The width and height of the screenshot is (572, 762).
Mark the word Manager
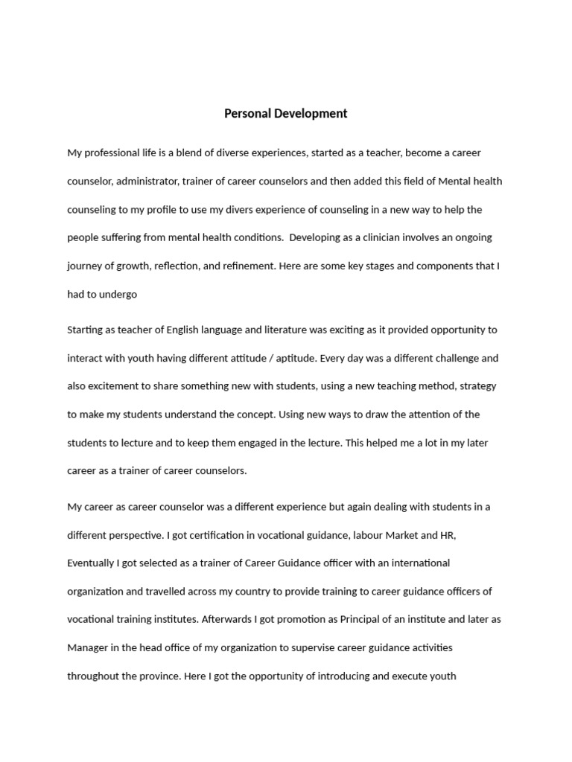[x=88, y=648]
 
